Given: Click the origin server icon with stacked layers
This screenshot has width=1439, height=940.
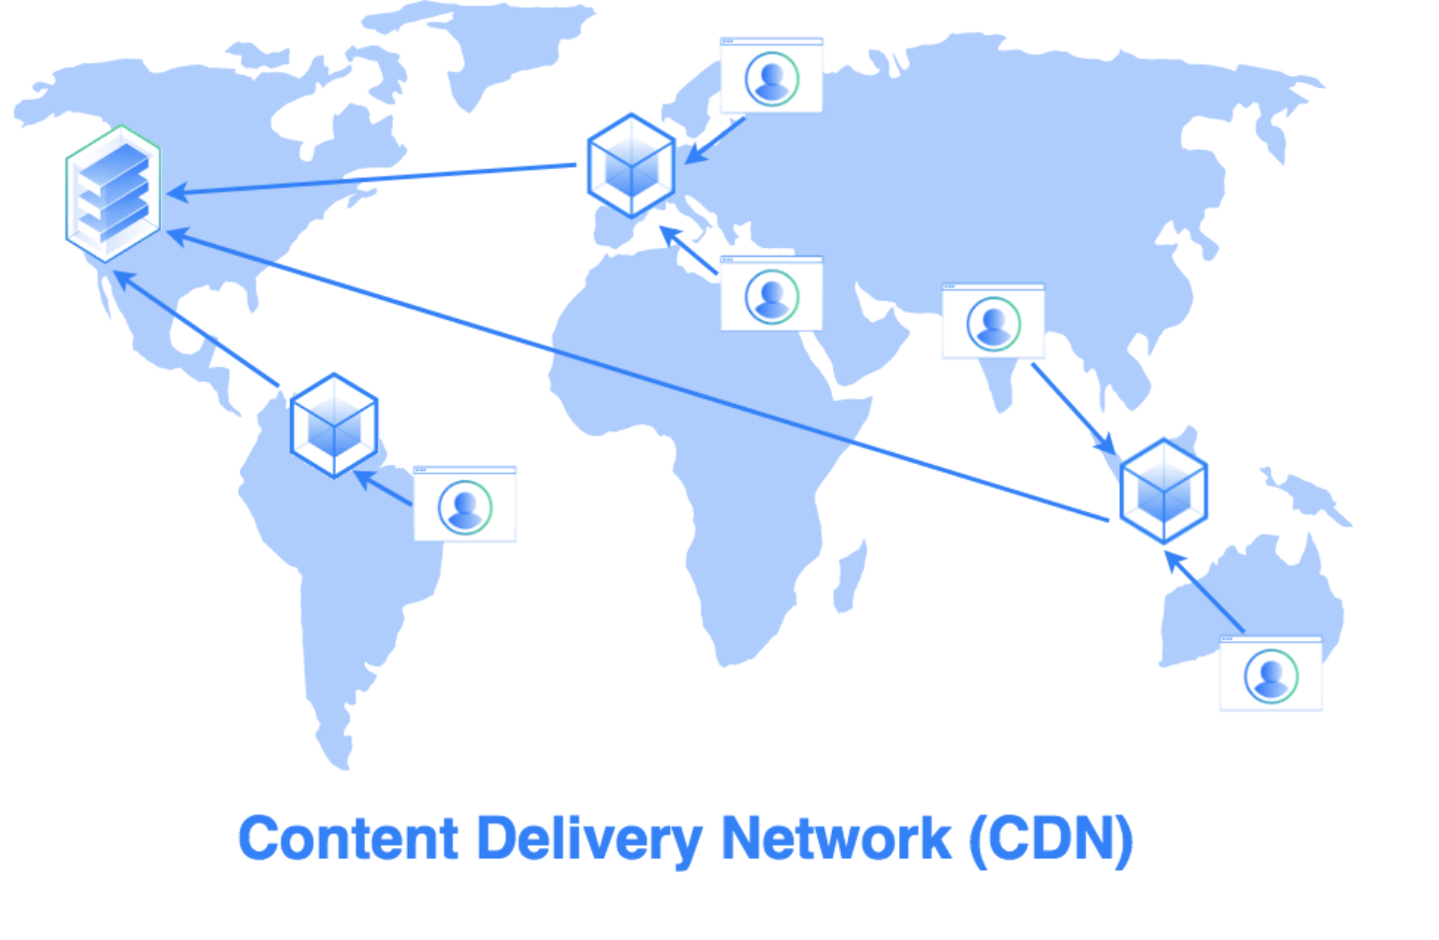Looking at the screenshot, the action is pyautogui.click(x=113, y=194).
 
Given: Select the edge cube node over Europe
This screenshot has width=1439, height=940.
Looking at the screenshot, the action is pyautogui.click(x=631, y=166).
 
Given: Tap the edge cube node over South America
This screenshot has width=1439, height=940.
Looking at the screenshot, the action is pyautogui.click(x=335, y=426).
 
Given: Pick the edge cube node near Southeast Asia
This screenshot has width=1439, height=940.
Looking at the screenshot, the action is pyautogui.click(x=1164, y=491).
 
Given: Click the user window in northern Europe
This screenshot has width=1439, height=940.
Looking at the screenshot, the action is pyautogui.click(x=772, y=76).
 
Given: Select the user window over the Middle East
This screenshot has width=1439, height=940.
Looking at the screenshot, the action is pyautogui.click(x=772, y=294).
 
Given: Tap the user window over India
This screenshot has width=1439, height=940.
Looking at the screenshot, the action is pyautogui.click(x=993, y=322).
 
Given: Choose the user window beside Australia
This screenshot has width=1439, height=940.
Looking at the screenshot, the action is pyautogui.click(x=1270, y=674).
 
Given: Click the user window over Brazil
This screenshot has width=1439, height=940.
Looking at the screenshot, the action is pyautogui.click(x=465, y=505).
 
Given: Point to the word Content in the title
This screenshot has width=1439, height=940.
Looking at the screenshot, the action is pyautogui.click(x=348, y=839).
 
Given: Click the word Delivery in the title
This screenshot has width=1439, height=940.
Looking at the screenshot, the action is pyautogui.click(x=589, y=839).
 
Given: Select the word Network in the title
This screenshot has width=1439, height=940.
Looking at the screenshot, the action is pyautogui.click(x=836, y=839).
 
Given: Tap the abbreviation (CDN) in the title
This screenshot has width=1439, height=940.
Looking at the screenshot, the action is pyautogui.click(x=1051, y=839).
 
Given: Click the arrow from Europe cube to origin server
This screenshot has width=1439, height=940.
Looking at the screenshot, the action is pyautogui.click(x=375, y=180).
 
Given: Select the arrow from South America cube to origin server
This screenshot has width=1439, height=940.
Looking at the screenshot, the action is pyautogui.click(x=197, y=330).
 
